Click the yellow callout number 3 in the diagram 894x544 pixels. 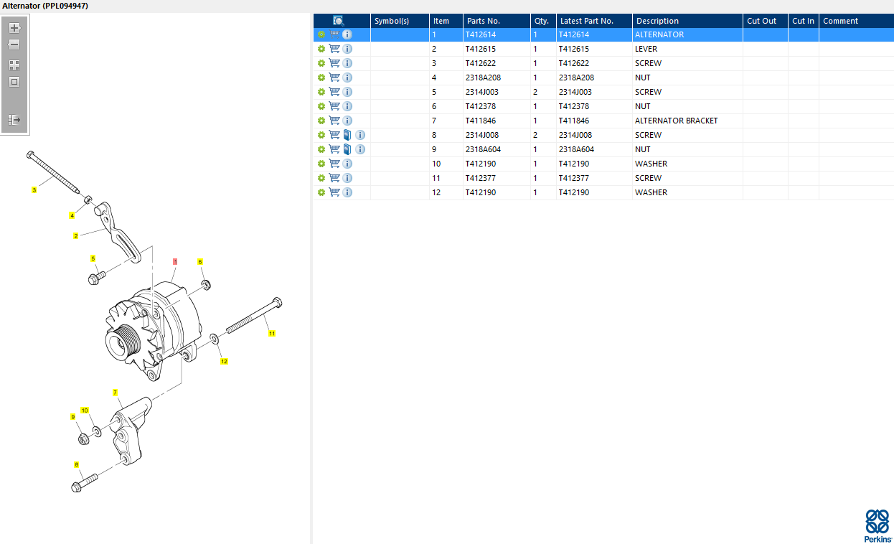(34, 190)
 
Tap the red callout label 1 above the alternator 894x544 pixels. (175, 261)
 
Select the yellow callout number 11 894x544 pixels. (272, 333)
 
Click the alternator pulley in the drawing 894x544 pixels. (123, 342)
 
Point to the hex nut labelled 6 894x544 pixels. (205, 285)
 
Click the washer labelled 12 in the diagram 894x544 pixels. (215, 339)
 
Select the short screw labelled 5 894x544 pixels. (97, 278)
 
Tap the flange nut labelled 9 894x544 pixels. (83, 439)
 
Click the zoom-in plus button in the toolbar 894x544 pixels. (14, 28)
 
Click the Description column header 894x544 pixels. (657, 21)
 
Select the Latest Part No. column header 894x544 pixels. (586, 21)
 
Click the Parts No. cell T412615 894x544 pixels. (481, 49)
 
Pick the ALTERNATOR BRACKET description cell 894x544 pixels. (676, 121)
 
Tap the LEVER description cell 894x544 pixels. (646, 49)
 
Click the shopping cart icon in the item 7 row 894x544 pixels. (334, 120)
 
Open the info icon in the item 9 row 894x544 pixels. (360, 149)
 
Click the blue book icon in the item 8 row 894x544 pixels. (347, 135)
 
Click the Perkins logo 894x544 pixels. (877, 526)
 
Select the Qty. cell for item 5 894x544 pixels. (535, 92)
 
